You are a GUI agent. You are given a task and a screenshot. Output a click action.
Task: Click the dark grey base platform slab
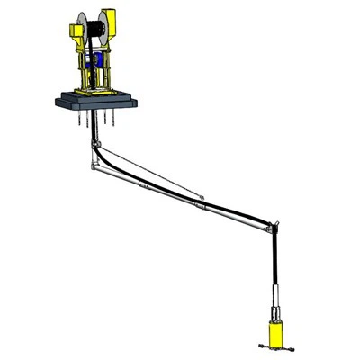(99, 101)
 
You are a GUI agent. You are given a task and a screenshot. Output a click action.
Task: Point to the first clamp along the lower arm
(144, 185)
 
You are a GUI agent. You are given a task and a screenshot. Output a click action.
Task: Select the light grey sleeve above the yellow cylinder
(271, 297)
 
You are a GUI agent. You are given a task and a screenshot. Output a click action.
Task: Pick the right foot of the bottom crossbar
(289, 347)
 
